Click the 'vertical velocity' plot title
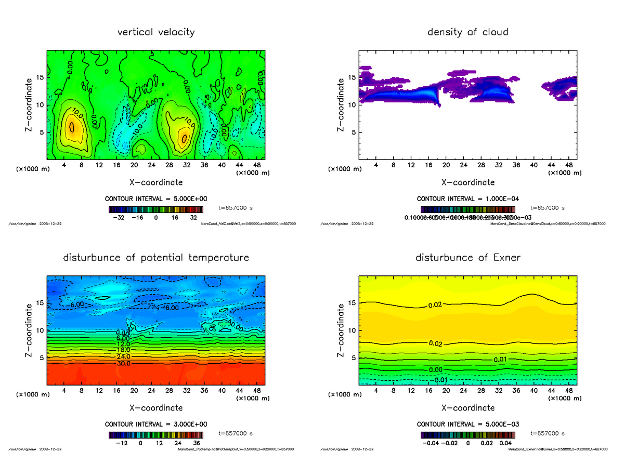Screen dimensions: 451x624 (x=156, y=32)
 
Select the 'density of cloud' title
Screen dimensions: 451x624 (x=467, y=32)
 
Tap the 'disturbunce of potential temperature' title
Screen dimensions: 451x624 (x=156, y=258)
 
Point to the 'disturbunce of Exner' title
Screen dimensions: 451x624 (x=467, y=258)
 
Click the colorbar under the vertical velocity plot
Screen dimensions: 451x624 (x=156, y=209)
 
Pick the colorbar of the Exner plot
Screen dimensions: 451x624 (x=467, y=435)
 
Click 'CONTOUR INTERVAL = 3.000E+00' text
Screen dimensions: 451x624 (x=156, y=424)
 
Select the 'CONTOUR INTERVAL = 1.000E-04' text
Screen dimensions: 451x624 (x=467, y=199)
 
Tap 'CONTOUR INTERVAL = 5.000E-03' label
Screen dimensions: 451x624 (x=467, y=424)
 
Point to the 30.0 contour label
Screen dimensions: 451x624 (x=123, y=364)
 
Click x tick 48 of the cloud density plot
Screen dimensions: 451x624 (x=568, y=165)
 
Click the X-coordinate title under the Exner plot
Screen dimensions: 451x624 (x=467, y=408)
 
